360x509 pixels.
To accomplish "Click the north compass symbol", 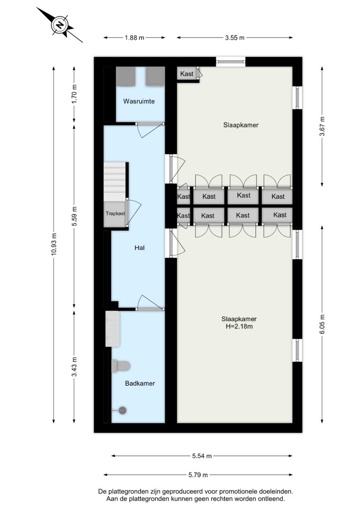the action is [59, 25].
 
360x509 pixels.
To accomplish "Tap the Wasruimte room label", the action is [139, 101].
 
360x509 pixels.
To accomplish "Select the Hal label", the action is [140, 248].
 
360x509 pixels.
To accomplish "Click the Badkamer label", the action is [140, 383].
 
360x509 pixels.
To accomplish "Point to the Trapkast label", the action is [115, 214].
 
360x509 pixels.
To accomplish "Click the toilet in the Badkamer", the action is [121, 366].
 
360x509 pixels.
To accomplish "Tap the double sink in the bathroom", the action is [113, 329].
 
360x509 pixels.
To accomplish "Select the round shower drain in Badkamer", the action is [122, 410].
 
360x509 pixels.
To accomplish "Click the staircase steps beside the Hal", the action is [114, 181].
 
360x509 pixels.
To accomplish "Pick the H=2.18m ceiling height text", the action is [239, 327].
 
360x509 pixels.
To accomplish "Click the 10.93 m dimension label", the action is [54, 245].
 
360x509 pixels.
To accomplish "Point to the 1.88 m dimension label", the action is [134, 38].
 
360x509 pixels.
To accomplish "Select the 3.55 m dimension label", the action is [235, 38].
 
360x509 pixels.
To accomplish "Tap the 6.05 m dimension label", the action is [322, 324].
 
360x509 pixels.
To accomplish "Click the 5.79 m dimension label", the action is [198, 475].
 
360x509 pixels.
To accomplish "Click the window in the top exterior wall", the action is [231, 61].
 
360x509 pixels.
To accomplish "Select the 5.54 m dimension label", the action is [202, 456].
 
